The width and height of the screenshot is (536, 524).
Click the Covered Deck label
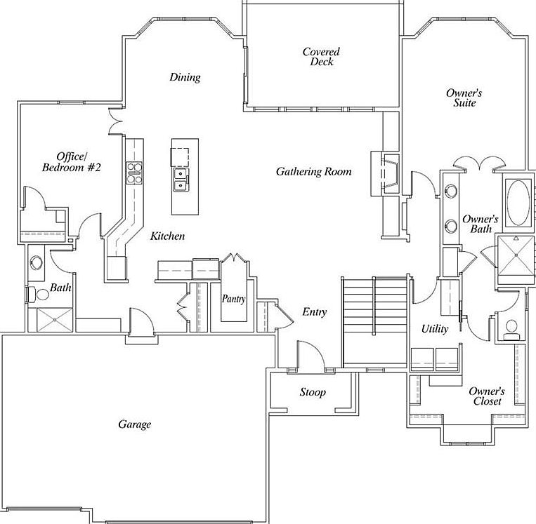[321, 57]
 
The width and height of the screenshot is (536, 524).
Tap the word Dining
[185, 77]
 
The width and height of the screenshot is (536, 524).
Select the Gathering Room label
[313, 172]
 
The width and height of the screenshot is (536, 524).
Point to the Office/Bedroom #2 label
[72, 161]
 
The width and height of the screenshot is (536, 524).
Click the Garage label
[134, 424]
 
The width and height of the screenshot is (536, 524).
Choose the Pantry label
[233, 299]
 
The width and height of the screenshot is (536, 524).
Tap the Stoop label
[313, 393]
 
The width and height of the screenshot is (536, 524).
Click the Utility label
[435, 329]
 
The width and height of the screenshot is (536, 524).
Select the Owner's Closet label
[486, 396]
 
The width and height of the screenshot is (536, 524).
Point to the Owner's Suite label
[464, 98]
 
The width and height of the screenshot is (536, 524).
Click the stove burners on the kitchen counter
[133, 172]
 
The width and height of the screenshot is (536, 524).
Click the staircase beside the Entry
[374, 319]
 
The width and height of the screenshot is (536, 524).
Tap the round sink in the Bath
[37, 264]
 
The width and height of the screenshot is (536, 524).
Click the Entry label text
[314, 312]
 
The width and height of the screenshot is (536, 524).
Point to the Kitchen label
[168, 236]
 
